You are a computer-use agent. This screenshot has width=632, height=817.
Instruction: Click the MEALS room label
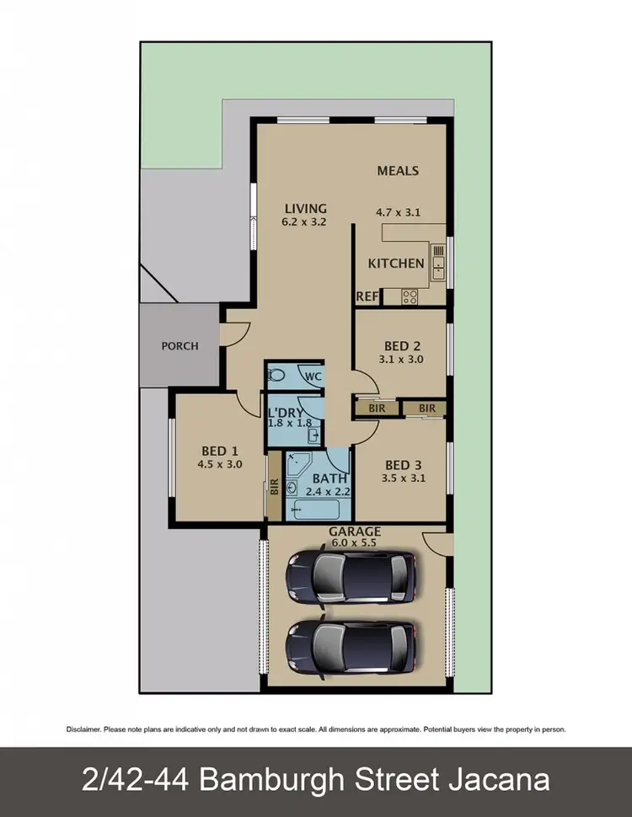(x=398, y=170)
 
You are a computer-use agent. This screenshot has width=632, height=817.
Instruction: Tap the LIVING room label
(x=305, y=209)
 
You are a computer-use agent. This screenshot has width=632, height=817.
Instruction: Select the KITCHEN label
(x=396, y=263)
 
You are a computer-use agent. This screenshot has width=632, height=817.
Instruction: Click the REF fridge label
(x=367, y=296)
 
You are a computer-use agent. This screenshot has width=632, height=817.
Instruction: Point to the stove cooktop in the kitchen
(x=410, y=296)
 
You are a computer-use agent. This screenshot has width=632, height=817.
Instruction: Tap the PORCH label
(x=180, y=345)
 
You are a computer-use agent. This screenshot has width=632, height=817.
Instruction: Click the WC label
(x=313, y=376)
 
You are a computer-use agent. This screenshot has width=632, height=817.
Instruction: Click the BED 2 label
(x=402, y=345)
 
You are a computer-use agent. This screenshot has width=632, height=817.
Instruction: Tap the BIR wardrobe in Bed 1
(x=274, y=487)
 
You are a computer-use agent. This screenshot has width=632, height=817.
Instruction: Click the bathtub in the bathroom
(x=313, y=510)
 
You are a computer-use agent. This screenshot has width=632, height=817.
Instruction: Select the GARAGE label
(x=355, y=531)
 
